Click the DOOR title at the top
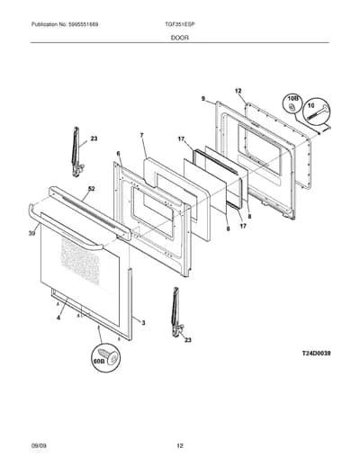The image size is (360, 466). [180, 38]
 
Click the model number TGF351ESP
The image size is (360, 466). [178, 24]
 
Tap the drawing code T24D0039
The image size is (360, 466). [316, 354]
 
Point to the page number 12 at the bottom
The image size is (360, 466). [180, 446]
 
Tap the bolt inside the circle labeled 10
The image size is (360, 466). [317, 113]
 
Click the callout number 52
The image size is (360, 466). [91, 189]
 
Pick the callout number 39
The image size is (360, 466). [32, 233]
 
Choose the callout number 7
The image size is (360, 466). [141, 135]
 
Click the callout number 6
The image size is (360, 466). [118, 154]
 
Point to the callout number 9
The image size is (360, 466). [203, 98]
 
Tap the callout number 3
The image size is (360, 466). [143, 323]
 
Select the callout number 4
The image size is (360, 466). [58, 318]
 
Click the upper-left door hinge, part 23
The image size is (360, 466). [76, 152]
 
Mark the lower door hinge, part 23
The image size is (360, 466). [176, 312]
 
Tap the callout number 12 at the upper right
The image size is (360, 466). [238, 91]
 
